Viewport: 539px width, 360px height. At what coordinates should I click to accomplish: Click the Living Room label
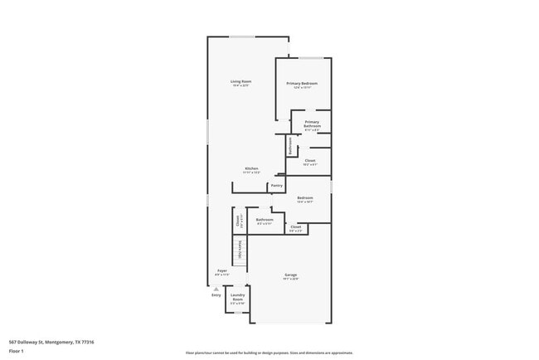pyautogui.click(x=240, y=81)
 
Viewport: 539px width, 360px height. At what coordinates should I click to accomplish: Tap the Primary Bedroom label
pyautogui.click(x=303, y=84)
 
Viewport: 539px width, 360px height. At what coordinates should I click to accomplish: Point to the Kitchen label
pyautogui.click(x=251, y=169)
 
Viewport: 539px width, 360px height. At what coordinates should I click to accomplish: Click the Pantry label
pyautogui.click(x=277, y=186)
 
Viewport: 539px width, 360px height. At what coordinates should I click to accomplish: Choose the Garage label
pyautogui.click(x=291, y=275)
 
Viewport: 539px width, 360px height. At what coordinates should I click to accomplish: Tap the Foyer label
pyautogui.click(x=222, y=271)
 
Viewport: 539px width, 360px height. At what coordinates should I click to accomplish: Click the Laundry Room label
pyautogui.click(x=237, y=297)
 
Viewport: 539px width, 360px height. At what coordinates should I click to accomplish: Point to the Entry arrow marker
pyautogui.click(x=216, y=288)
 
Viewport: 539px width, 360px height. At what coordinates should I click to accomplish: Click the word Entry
pyautogui.click(x=216, y=294)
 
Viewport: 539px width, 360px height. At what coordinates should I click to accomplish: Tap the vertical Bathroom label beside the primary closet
pyautogui.click(x=289, y=145)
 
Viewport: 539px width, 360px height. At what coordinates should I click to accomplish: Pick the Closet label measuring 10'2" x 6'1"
pyautogui.click(x=310, y=161)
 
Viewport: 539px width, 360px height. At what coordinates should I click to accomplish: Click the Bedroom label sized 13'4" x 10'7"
pyautogui.click(x=305, y=198)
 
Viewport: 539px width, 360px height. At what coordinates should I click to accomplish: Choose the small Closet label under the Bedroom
pyautogui.click(x=295, y=226)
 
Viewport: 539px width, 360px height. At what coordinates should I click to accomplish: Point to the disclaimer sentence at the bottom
pyautogui.click(x=269, y=353)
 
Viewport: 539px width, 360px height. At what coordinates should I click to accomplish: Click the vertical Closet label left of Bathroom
pyautogui.click(x=239, y=221)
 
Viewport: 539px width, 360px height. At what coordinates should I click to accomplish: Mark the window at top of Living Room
pyautogui.click(x=242, y=36)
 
